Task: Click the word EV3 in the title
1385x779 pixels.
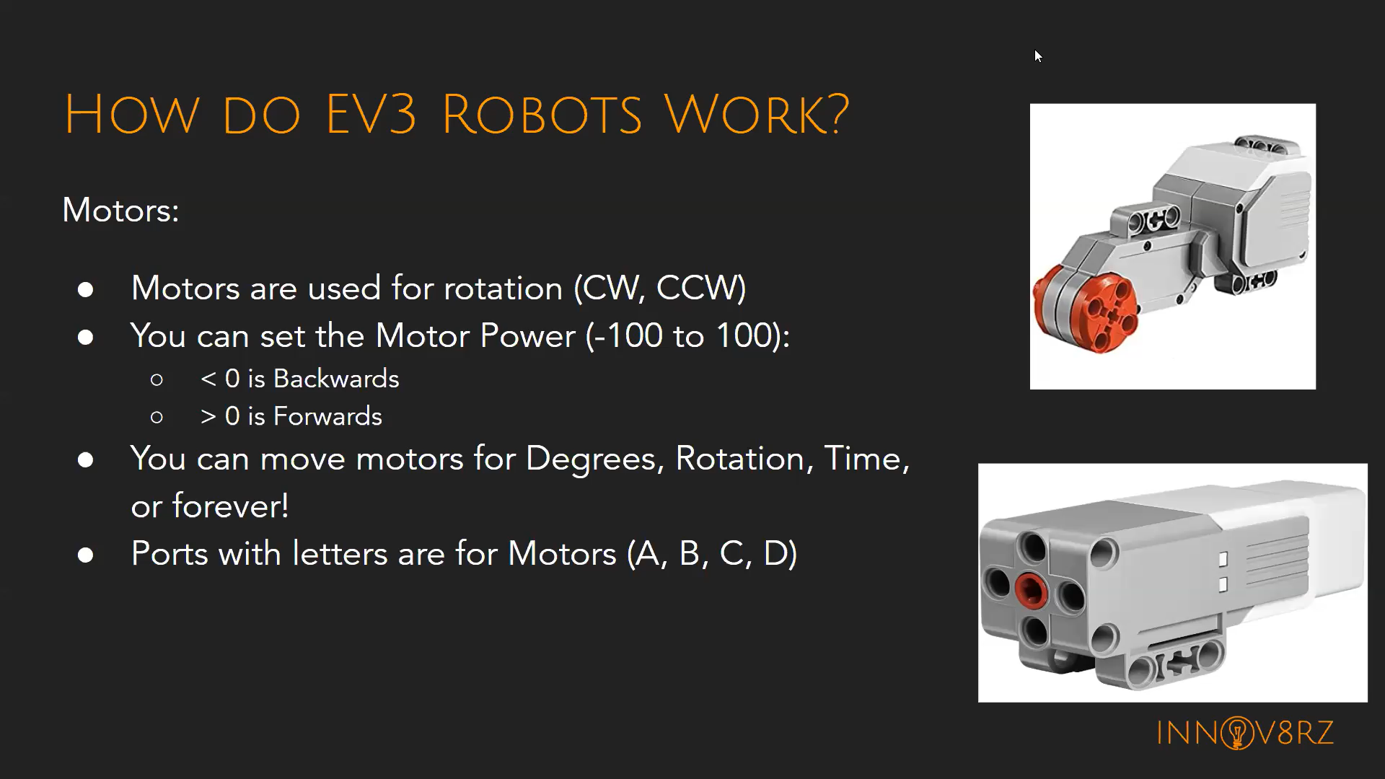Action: coord(371,115)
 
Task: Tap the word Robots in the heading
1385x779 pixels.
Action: coord(541,115)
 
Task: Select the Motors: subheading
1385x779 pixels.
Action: coord(120,211)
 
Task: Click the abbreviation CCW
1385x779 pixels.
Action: coord(700,289)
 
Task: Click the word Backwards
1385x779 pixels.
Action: coord(336,379)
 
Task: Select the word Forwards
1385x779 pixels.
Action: coord(327,417)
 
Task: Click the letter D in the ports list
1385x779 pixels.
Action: coord(779,554)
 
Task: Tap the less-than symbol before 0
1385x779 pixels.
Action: coord(208,379)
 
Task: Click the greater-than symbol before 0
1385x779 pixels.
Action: coord(208,417)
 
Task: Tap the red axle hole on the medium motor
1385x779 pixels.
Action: coord(1031,590)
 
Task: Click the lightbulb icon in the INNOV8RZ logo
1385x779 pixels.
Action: coord(1237,734)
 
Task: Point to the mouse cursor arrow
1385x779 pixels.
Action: coord(1037,56)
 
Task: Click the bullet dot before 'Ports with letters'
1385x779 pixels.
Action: coord(86,555)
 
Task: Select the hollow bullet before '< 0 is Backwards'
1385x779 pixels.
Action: coord(157,380)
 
